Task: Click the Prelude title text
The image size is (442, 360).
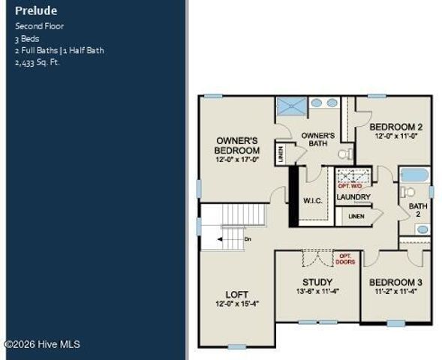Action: [x=35, y=11]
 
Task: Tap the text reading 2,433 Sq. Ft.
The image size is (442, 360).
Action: [x=37, y=62]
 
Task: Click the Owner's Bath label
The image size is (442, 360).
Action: [x=317, y=139]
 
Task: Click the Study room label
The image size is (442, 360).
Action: [x=317, y=282]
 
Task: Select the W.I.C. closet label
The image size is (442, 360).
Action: [x=313, y=200]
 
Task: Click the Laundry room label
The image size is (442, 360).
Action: [x=353, y=197]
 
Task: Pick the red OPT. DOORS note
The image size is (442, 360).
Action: [x=346, y=259]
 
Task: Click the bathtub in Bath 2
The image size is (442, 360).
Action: [x=414, y=175]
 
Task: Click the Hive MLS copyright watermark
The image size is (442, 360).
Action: [x=42, y=344]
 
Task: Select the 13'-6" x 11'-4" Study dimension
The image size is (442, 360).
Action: [x=317, y=291]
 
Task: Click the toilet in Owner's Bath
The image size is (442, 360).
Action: [x=344, y=154]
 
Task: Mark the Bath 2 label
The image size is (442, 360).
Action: [x=414, y=209]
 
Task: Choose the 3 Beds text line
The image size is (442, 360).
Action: [x=28, y=38]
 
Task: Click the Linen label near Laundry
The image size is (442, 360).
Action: [x=356, y=216]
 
